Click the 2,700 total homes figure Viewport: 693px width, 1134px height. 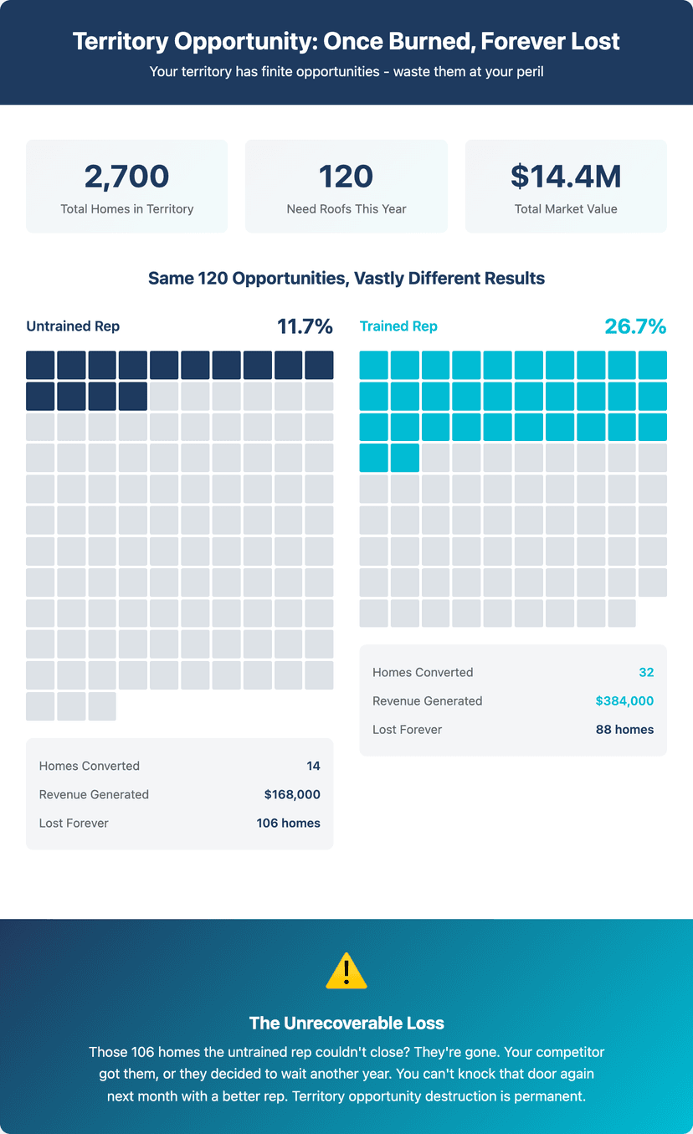[126, 177]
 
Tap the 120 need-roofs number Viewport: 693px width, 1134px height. [346, 177]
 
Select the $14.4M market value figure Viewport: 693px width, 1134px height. [566, 177]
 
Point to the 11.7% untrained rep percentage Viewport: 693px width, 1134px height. [305, 326]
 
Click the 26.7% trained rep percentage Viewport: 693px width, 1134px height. [635, 326]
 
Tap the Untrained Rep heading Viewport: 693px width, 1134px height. [73, 326]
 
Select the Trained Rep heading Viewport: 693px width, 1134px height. [398, 326]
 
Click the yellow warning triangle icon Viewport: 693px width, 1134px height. [346, 971]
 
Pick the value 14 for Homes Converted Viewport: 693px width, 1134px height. [313, 766]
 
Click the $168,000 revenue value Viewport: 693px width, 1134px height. [292, 794]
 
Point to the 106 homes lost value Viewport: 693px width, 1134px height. [288, 824]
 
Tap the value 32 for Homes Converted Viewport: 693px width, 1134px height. [646, 672]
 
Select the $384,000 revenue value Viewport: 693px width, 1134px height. [624, 700]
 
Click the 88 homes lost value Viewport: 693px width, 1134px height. [624, 730]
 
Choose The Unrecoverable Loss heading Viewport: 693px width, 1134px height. [346, 1024]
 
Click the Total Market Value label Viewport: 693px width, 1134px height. [566, 209]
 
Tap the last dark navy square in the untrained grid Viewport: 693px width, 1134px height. [133, 397]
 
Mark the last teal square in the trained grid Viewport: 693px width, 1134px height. [405, 458]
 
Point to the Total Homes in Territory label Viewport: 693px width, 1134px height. [127, 209]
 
